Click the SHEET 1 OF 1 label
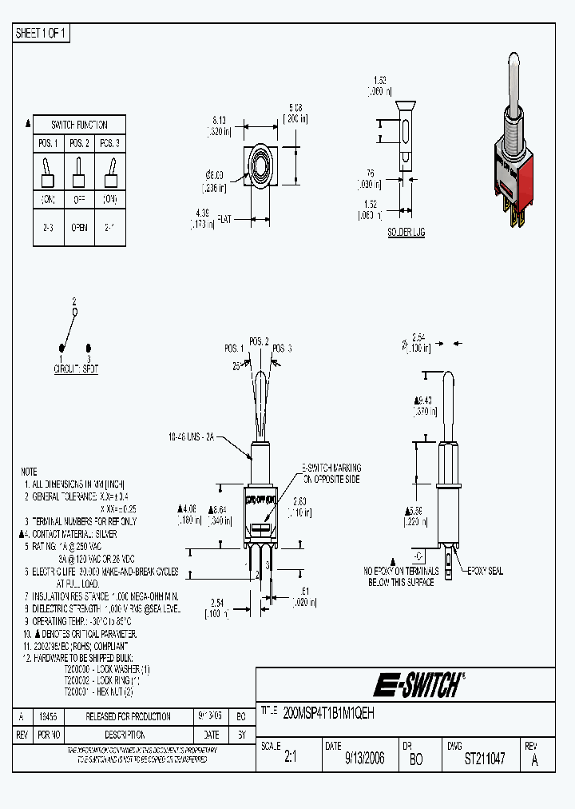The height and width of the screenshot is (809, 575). click(42, 34)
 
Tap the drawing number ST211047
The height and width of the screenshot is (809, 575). click(484, 759)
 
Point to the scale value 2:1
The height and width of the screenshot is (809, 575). click(290, 759)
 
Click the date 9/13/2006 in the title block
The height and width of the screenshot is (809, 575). click(364, 759)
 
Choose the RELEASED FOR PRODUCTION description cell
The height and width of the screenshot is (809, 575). click(128, 716)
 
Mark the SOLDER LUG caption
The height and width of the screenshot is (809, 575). click(406, 232)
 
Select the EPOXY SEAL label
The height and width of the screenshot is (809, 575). click(486, 572)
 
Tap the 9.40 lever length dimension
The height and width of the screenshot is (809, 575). click(424, 401)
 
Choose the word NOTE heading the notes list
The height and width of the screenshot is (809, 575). click(29, 472)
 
